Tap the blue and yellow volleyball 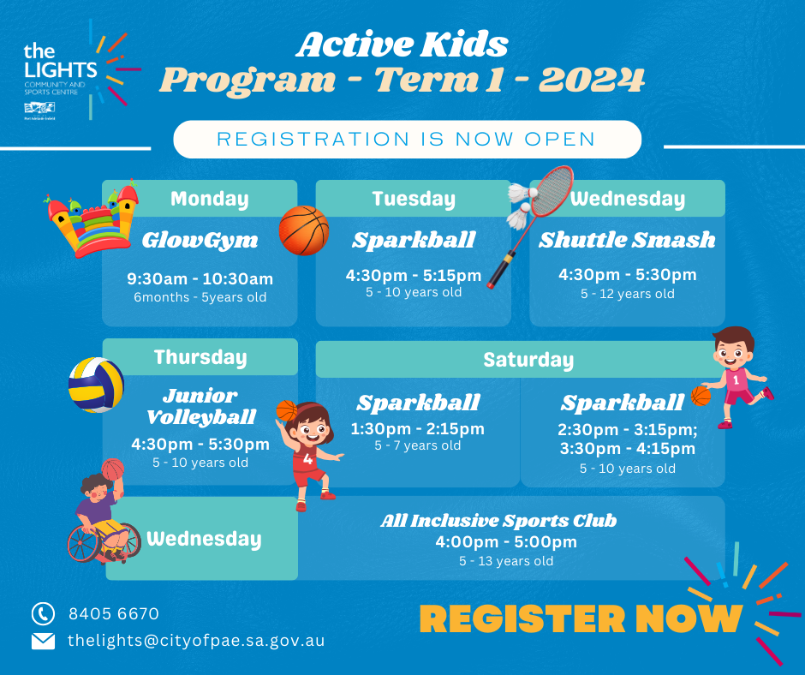click(96, 385)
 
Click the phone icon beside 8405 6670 click(43, 613)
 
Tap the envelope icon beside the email click(43, 641)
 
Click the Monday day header click(210, 199)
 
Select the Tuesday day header click(414, 199)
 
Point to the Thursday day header click(200, 357)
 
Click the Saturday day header click(528, 360)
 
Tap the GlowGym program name click(200, 241)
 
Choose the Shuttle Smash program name click(627, 240)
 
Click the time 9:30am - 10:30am click(200, 279)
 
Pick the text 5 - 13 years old click(506, 561)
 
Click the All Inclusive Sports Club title click(498, 521)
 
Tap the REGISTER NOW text click(581, 618)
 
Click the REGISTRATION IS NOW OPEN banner click(407, 140)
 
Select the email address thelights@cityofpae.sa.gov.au click(196, 641)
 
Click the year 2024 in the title click(592, 81)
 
